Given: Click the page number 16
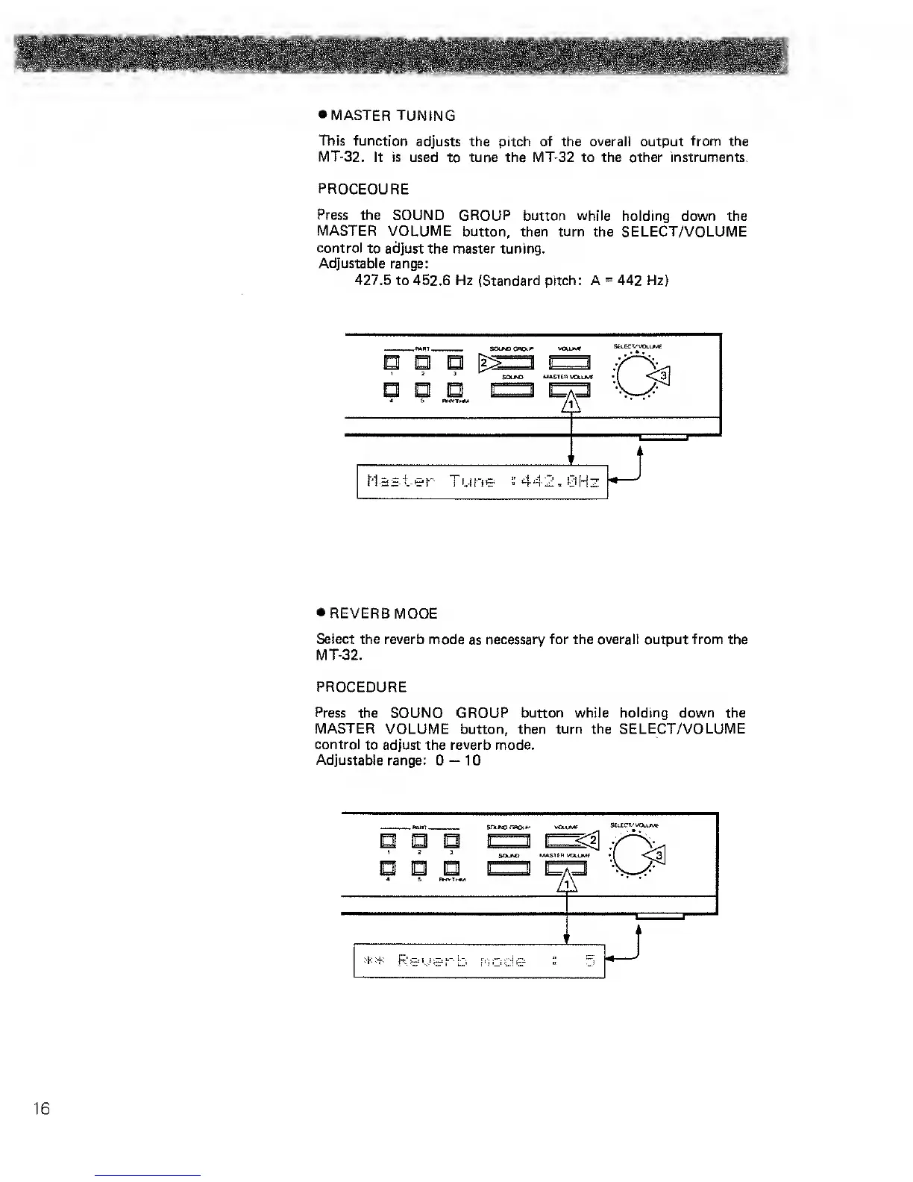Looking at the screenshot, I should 41,1108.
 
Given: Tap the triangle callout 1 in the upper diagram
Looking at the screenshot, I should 571,404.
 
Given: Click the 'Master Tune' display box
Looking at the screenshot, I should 483,482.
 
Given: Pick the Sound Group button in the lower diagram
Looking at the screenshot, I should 509,842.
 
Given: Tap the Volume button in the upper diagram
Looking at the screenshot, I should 570,363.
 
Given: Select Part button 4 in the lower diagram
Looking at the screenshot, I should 388,868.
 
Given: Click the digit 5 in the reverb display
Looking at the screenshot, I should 589,960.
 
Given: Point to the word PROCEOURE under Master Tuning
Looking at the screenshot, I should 363,189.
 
